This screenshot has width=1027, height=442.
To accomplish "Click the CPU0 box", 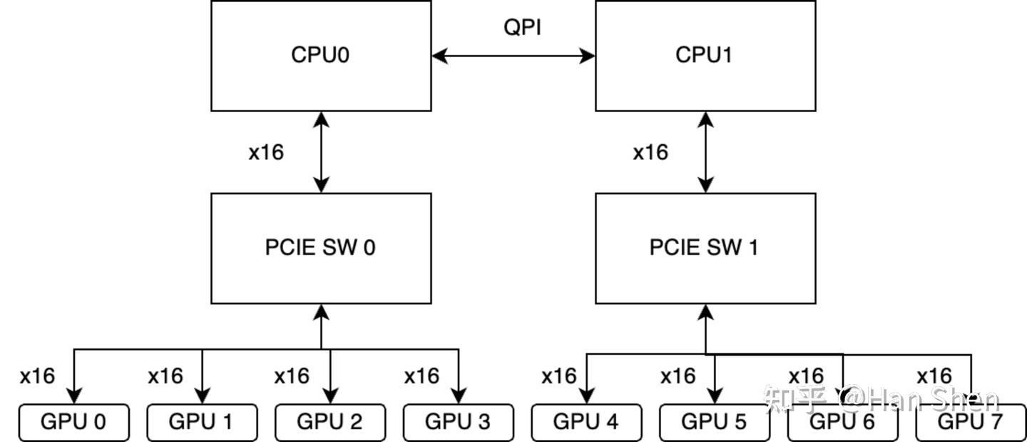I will tap(321, 56).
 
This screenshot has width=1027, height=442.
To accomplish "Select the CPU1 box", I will tap(705, 56).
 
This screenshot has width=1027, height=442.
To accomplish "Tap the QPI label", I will tap(522, 27).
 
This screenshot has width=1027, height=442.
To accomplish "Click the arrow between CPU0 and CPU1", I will tap(513, 56).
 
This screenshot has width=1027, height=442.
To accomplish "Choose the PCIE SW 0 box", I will tap(321, 248).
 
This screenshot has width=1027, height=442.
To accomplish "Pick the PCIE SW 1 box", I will tap(705, 248).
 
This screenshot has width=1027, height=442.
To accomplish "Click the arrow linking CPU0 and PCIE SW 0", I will tap(322, 152).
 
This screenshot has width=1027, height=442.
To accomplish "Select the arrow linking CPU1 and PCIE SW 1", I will tap(705, 152).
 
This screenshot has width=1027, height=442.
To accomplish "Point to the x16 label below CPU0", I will tap(266, 152).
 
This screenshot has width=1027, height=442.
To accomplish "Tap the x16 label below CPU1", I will tap(650, 152).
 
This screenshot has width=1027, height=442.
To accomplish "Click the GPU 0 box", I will tap(73, 422).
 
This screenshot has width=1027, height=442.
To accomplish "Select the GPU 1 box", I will tap(201, 422).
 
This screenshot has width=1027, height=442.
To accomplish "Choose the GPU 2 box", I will tap(329, 422).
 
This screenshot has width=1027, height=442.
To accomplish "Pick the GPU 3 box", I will tap(458, 422).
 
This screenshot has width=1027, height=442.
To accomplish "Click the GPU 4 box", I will tap(586, 422).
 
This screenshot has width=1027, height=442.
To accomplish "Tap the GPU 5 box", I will tap(714, 422).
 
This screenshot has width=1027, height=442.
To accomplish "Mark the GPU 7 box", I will tap(971, 422).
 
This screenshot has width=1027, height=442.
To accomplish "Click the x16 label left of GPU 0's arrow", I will tap(37, 376).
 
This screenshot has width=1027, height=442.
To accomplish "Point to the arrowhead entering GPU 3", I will tap(458, 396).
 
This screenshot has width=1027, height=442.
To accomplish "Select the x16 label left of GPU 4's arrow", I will tap(558, 376).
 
